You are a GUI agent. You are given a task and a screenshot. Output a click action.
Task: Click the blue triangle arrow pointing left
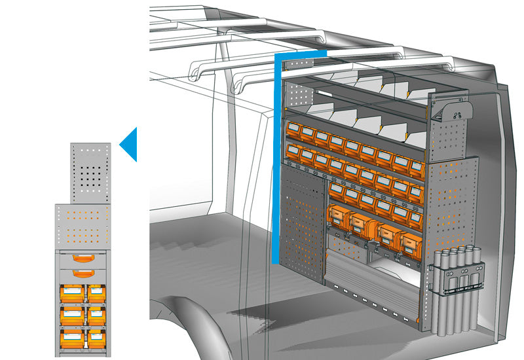130,144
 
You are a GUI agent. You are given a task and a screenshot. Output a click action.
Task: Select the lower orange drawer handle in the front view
83,273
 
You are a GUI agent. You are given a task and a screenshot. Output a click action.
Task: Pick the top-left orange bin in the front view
72,293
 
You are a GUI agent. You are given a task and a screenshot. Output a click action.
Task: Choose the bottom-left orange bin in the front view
72,338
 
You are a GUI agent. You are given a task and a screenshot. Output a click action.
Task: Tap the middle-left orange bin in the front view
72,315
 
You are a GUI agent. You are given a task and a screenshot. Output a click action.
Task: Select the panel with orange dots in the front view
83,226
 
